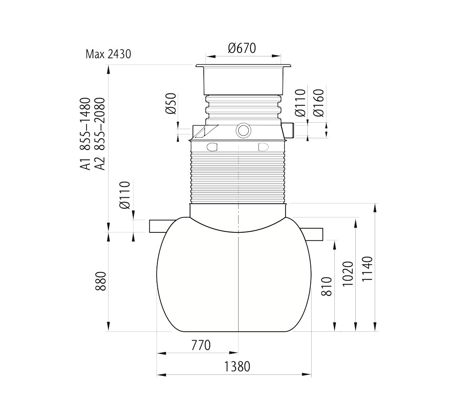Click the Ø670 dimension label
point(242,48)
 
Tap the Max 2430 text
point(108,54)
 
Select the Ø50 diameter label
point(171,104)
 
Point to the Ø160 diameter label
point(318,103)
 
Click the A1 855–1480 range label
point(85,134)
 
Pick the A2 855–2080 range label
point(99,134)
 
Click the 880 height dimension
point(101,281)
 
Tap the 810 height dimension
point(326,286)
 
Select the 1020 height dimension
point(348,273)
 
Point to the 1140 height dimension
point(367,269)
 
